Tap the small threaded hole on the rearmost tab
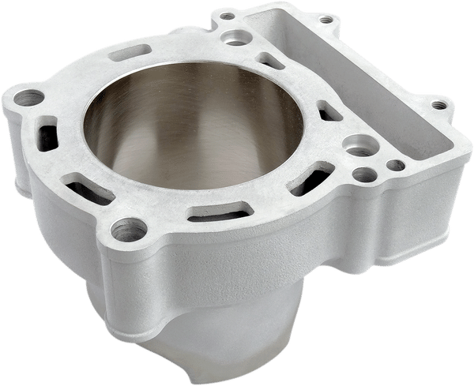point(227,15)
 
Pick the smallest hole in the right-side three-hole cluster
point(396,166)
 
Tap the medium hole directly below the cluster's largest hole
point(363,174)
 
